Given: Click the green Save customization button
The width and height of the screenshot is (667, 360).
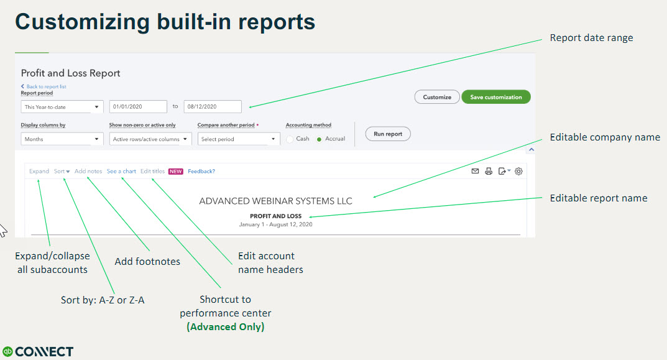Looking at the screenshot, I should (x=495, y=97).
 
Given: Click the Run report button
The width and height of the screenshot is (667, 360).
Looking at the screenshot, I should (x=388, y=134).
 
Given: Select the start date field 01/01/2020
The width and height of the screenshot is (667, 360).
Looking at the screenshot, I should (x=138, y=107).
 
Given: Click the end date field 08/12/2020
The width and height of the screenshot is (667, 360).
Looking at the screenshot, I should (x=212, y=107).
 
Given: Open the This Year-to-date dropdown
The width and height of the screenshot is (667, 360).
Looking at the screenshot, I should (x=62, y=107).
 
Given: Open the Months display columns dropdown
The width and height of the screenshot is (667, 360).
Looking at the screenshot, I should (x=62, y=139).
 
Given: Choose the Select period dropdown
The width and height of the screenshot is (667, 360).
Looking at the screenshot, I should (x=239, y=139).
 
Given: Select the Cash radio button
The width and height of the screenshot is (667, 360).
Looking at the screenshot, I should (x=290, y=139).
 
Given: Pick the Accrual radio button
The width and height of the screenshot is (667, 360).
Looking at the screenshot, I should (x=320, y=139).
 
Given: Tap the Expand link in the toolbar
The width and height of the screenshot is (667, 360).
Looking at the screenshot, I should (x=39, y=171).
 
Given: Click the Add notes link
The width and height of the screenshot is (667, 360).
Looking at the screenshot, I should (x=88, y=171).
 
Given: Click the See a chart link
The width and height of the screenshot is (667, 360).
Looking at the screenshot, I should (x=121, y=171).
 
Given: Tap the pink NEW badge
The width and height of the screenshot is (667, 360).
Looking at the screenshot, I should (x=175, y=172).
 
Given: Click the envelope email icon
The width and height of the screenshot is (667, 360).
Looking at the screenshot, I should (x=475, y=171).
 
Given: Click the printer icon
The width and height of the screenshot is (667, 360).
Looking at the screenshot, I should (x=489, y=171).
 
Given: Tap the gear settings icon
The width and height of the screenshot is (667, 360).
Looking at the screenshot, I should (x=519, y=171).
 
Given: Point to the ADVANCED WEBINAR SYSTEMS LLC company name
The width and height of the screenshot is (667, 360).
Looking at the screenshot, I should (x=275, y=201).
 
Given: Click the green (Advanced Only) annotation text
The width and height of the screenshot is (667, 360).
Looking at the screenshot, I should (x=226, y=327).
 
